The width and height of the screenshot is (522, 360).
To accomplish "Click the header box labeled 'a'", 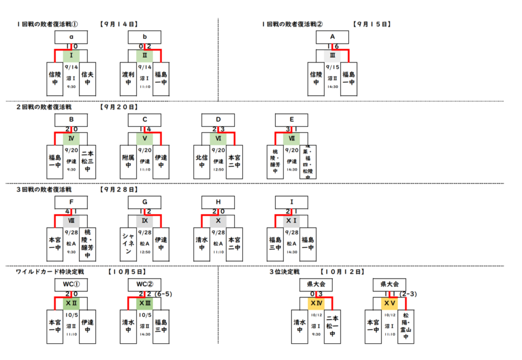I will (71, 37).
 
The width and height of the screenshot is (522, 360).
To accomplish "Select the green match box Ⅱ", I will (145, 55).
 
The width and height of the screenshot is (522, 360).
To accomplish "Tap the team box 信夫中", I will (88, 78).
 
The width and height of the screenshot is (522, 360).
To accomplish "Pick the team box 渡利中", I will (128, 78).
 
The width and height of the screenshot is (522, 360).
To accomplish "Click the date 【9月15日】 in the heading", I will (371, 23).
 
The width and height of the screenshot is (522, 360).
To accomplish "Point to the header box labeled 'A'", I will (332, 37).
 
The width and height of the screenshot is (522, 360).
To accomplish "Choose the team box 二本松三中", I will (88, 161).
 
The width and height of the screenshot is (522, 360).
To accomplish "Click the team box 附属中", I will (128, 161).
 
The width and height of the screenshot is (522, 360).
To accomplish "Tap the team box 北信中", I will (202, 161).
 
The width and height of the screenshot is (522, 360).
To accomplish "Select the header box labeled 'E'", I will (292, 120).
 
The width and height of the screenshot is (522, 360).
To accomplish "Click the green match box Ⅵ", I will (218, 138).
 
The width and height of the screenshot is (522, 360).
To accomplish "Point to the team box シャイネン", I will (128, 244).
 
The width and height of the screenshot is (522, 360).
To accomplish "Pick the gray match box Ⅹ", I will (218, 221).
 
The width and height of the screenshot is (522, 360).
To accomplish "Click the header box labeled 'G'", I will (145, 202).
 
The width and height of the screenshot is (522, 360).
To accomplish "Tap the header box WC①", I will (71, 285).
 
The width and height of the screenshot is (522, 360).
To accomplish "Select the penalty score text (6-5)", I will (165, 294).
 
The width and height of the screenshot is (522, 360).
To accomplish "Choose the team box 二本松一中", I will (332, 326).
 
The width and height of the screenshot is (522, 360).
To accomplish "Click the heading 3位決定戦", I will (284, 272).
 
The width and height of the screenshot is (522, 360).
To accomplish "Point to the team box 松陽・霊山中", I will (406, 326).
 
